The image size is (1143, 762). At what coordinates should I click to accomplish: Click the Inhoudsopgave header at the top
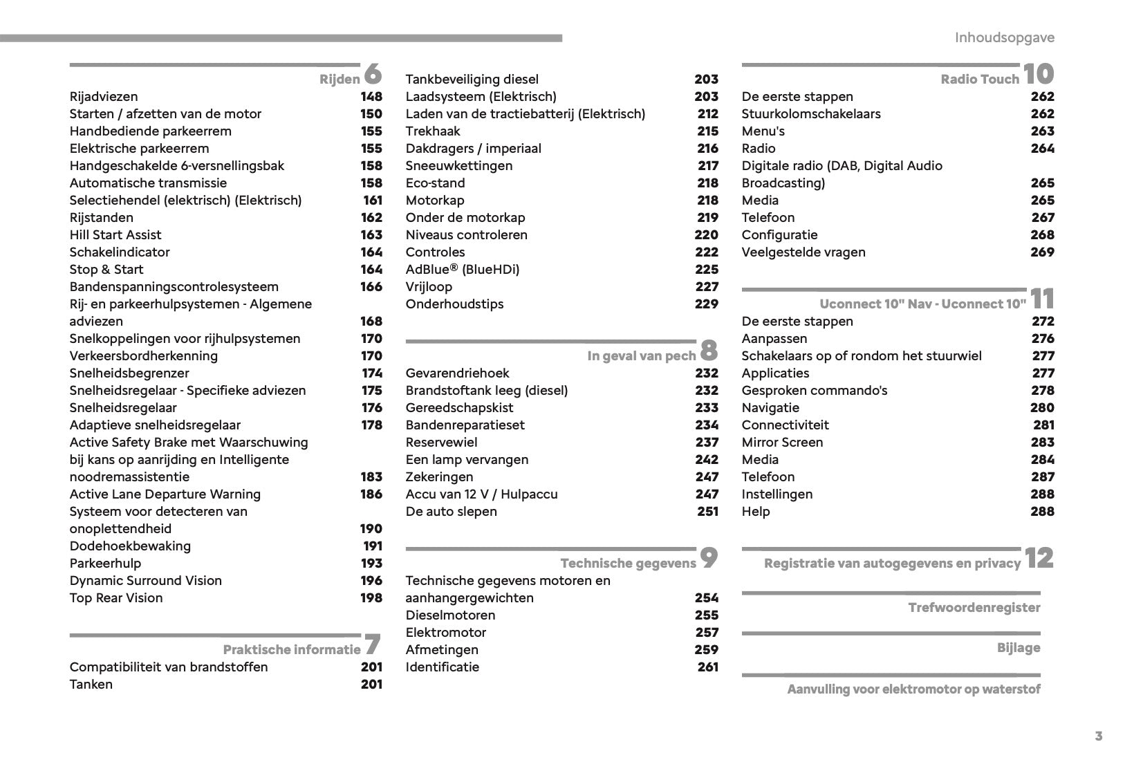1004,37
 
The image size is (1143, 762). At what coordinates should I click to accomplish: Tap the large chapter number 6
372,73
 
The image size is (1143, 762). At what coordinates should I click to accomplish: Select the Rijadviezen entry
104,97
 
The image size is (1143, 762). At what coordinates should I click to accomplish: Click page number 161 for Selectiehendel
373,201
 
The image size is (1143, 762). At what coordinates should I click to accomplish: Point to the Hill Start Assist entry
115,235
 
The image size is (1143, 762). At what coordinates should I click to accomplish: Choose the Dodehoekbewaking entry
130,546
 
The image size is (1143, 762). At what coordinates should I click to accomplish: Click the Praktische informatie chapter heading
291,649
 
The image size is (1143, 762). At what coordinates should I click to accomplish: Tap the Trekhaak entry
433,131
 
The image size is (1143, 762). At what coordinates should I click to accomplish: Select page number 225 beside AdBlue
707,270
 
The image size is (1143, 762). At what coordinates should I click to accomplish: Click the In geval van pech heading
641,356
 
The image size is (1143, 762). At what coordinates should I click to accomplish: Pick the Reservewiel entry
441,443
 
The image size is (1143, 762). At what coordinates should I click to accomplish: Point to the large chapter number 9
709,557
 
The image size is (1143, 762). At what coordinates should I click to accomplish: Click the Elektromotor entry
446,633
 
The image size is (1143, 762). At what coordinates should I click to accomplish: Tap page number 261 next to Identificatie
708,667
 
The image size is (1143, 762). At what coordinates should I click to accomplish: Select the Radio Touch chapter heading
979,80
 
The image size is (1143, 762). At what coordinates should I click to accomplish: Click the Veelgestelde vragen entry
803,252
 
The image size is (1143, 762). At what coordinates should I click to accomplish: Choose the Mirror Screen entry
782,443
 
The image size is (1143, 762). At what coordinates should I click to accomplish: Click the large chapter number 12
1039,557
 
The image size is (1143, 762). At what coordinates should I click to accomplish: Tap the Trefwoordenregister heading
974,608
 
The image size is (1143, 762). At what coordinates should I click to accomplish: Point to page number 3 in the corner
1099,736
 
